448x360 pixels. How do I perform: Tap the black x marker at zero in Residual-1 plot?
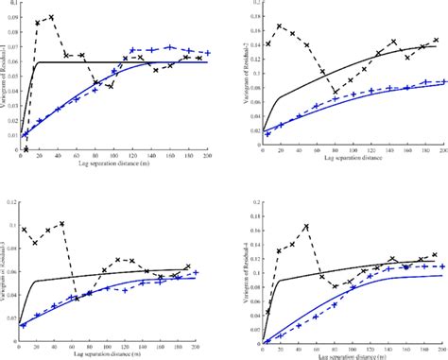pos(26,149)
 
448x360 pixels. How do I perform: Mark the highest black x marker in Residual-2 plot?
pos(278,26)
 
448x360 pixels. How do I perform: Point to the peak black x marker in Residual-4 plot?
pos(307,227)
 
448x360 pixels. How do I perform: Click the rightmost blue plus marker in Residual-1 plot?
pos(207,53)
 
